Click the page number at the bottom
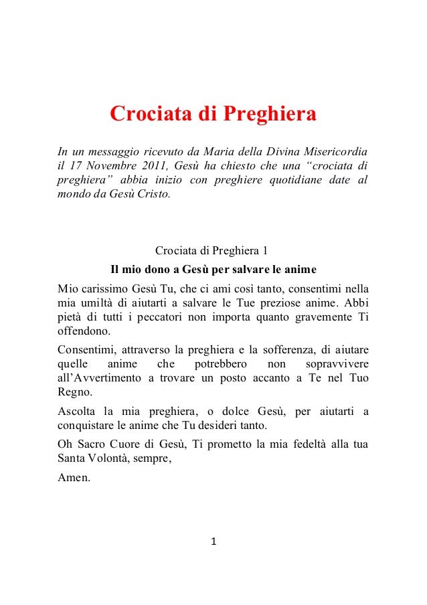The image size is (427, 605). pos(213,541)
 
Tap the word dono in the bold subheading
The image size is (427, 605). pos(158,271)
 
